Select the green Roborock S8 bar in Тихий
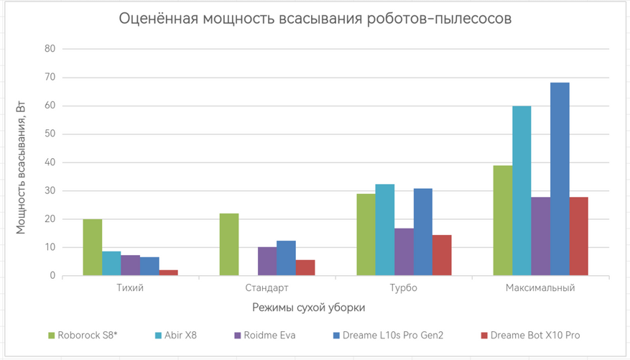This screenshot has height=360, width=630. point(92,247)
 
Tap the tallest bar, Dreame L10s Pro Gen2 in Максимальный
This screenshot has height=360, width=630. point(560,179)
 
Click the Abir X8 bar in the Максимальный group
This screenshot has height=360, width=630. point(522,190)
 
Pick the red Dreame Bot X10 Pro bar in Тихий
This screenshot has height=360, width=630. point(168,272)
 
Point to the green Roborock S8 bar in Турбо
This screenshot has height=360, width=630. point(366,234)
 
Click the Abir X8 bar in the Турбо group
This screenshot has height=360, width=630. point(384,230)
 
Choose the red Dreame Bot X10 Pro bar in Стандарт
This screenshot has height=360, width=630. point(305,267)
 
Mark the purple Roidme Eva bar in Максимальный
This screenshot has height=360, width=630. point(541,236)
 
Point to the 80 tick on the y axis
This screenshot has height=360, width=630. point(50,49)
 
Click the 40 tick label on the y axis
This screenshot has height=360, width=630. point(50,162)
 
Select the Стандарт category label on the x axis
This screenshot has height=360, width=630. point(267,288)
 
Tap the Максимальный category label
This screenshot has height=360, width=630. point(540,288)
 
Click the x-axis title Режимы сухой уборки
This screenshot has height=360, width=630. point(309,308)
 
